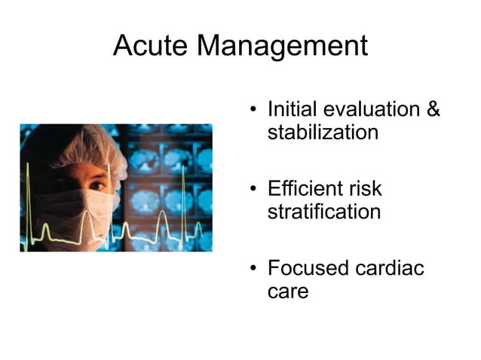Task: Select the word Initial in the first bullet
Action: (x=291, y=110)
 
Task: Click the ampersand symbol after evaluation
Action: (x=434, y=110)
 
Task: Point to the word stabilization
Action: (x=323, y=133)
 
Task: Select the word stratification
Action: (x=324, y=212)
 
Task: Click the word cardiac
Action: (x=394, y=267)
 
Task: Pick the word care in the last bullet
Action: (x=288, y=291)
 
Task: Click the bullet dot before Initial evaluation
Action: (x=254, y=111)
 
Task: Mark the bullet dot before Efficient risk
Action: (x=254, y=190)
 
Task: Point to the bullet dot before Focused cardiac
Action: (x=254, y=269)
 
